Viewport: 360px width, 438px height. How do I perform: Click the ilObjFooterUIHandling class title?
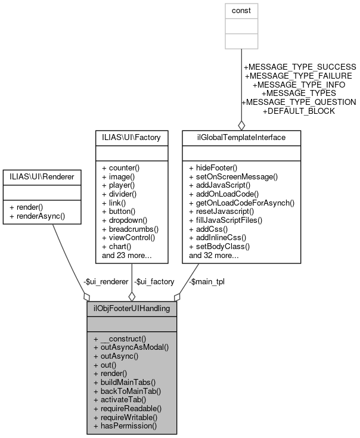tap(131, 309)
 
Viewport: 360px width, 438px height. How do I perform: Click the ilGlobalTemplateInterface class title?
tap(241, 138)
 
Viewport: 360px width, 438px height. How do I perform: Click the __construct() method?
tap(125, 338)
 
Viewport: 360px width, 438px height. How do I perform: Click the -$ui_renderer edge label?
tap(106, 281)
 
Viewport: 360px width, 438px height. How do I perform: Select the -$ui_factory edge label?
tap(154, 281)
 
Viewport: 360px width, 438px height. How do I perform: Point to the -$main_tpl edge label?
tap(204, 281)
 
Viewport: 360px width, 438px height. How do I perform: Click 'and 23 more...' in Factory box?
tap(127, 255)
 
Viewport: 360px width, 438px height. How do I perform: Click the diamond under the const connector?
tap(241, 125)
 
